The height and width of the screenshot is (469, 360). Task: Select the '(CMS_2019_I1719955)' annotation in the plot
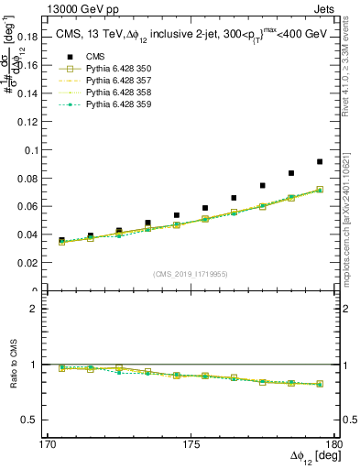[x=191, y=273]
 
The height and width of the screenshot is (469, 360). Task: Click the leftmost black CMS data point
[x=61, y=240]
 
